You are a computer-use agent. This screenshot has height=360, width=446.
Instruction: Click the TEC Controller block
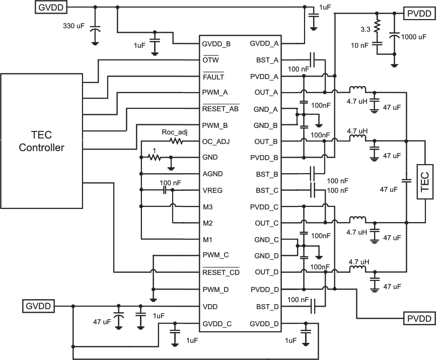(41, 141)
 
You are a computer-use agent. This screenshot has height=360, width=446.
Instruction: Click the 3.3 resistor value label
(367, 29)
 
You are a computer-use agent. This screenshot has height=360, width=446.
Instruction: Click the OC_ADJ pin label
(215, 141)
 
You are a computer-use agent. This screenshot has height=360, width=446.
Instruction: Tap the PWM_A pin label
(215, 93)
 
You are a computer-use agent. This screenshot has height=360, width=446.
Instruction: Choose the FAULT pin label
(213, 77)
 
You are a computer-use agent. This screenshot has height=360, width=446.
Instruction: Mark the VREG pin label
(212, 191)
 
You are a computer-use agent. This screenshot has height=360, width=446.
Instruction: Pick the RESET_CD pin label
(220, 272)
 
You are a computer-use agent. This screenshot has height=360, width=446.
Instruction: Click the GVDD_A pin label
(264, 44)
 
